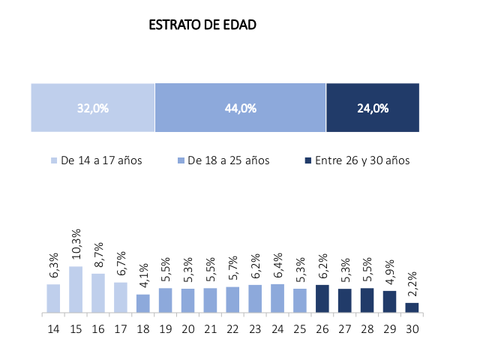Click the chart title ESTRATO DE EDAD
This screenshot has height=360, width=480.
click(x=202, y=25)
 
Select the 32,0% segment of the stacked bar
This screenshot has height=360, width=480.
click(x=92, y=108)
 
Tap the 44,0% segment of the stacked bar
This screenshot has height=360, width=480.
click(x=240, y=108)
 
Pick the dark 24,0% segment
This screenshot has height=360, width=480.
click(x=373, y=108)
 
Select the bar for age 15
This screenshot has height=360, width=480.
click(x=76, y=289)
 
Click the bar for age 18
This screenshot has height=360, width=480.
click(x=143, y=303)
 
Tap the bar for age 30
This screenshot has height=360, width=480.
click(x=412, y=307)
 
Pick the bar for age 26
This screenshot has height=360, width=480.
click(x=322, y=298)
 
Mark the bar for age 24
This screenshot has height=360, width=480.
click(x=277, y=298)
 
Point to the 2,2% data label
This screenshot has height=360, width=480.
click(x=412, y=286)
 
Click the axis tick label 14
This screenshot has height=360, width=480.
click(x=53, y=328)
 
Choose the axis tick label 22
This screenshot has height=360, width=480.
click(x=232, y=328)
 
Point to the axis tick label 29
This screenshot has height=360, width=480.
click(x=389, y=328)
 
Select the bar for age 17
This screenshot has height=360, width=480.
click(x=121, y=297)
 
